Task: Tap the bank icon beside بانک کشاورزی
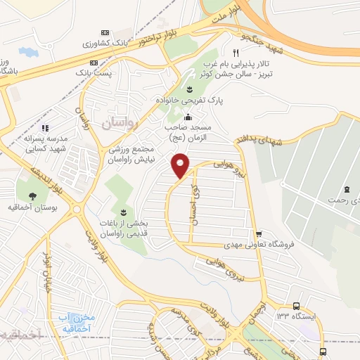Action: (105, 32)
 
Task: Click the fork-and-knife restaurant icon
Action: (236, 53)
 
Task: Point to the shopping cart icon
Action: (259, 234)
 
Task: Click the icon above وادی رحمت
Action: (347, 189)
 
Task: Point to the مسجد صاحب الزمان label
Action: (188, 134)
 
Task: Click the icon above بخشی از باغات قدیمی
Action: (124, 211)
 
